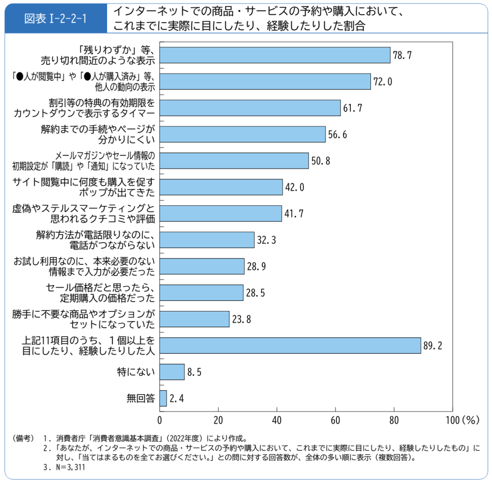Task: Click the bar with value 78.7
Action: [274, 55]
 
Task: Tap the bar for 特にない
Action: [172, 372]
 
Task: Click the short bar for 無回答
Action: [163, 398]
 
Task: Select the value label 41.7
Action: [294, 213]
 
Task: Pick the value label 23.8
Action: [242, 319]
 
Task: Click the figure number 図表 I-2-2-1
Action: [55, 19]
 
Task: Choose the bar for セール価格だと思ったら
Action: [201, 293]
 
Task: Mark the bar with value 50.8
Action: [234, 161]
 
